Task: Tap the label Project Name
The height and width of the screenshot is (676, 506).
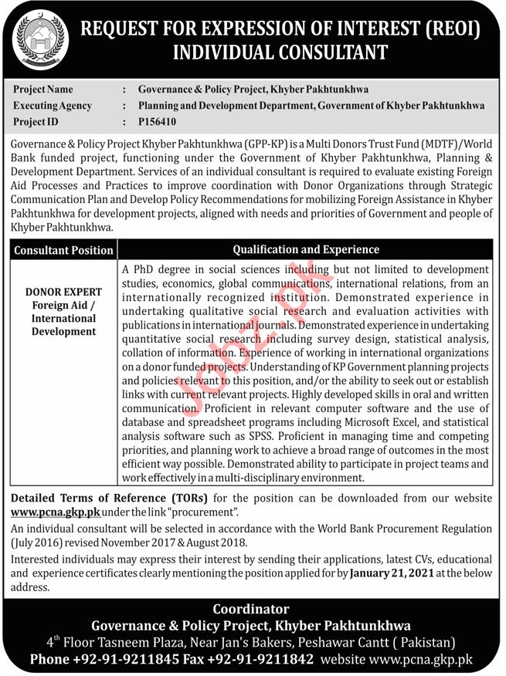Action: (44, 89)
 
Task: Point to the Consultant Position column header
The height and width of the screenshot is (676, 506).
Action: (63, 250)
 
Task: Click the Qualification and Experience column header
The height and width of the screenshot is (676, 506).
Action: (306, 249)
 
